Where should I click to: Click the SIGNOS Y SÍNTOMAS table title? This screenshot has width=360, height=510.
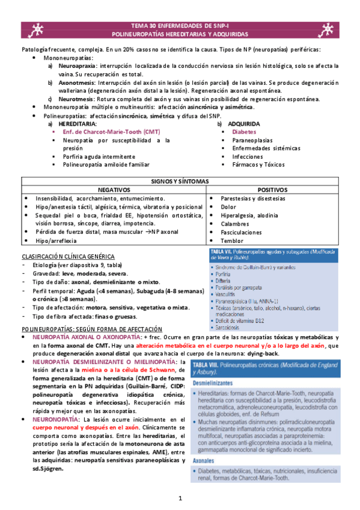180,181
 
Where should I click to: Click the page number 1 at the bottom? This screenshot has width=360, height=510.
180,499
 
